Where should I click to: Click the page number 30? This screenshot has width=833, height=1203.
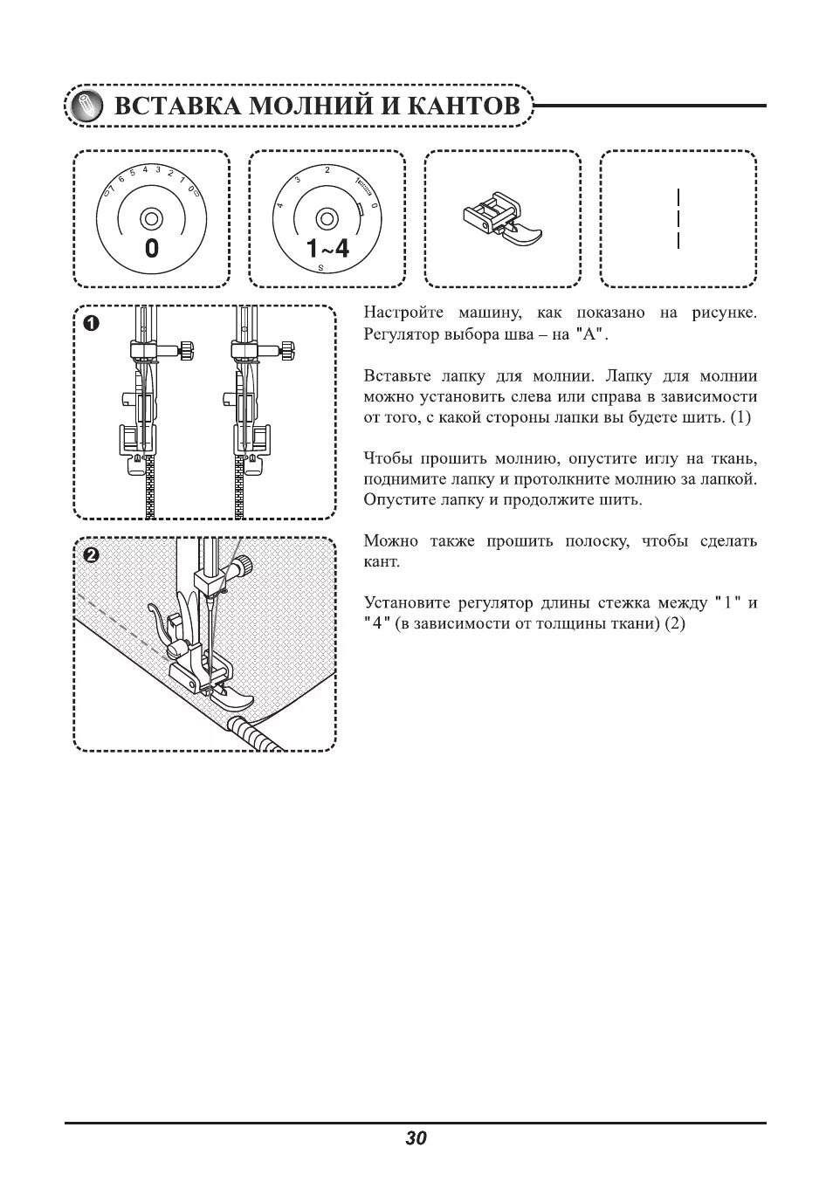pyautogui.click(x=416, y=1138)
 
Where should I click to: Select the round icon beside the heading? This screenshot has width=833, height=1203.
pyautogui.click(x=86, y=107)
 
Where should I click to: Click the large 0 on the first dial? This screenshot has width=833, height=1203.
pyautogui.click(x=152, y=249)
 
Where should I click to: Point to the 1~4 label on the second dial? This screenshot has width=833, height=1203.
pyautogui.click(x=327, y=249)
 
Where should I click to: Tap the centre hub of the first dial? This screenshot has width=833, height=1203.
pyautogui.click(x=151, y=217)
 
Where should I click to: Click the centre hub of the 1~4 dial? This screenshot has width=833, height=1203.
pyautogui.click(x=327, y=217)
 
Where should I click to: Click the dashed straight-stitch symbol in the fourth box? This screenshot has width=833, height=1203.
pyautogui.click(x=678, y=218)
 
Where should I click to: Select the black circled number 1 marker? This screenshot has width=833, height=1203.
pyautogui.click(x=91, y=323)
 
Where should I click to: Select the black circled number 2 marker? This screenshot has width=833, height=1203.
pyautogui.click(x=91, y=554)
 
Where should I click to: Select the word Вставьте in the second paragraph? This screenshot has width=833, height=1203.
pyautogui.click(x=396, y=375)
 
